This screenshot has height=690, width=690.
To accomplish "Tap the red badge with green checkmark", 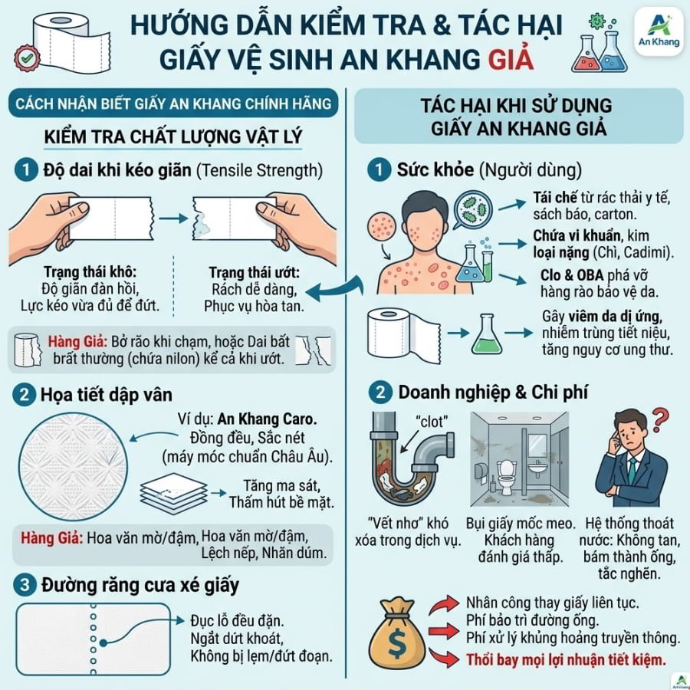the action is (x=26, y=58).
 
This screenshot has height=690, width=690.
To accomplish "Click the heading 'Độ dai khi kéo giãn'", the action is (x=117, y=170).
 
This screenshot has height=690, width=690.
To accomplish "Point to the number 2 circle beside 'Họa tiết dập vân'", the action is (x=25, y=394).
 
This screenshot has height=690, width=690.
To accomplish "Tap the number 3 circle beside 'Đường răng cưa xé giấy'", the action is (x=25, y=585).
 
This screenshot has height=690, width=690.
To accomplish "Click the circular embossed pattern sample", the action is (x=73, y=466).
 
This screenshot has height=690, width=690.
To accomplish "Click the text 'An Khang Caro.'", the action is (x=267, y=419).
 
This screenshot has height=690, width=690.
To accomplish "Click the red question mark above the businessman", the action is (x=659, y=420).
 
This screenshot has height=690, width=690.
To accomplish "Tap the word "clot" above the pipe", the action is (x=432, y=422).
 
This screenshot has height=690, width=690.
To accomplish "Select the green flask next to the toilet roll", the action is (x=486, y=334).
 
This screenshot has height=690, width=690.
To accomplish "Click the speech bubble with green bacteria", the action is (x=472, y=210).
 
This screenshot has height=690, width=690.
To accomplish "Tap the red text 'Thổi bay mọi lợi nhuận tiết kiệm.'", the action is (x=566, y=660).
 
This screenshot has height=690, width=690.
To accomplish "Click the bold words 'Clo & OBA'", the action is (x=572, y=275).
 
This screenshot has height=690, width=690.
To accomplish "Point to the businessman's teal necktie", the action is (x=632, y=472).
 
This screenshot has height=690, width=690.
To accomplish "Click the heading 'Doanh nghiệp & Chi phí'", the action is (x=493, y=393).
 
